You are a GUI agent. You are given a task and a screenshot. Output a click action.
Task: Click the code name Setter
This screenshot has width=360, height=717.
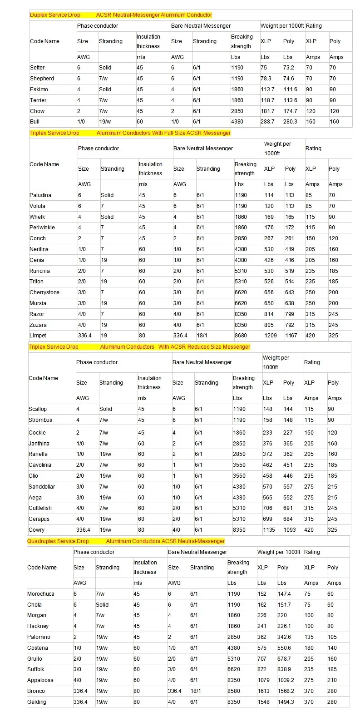pos(37,68)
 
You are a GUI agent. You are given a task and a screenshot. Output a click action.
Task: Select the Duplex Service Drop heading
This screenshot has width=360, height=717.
pos(55,15)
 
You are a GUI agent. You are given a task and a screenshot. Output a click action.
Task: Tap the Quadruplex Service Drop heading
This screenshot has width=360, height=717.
pos(58,541)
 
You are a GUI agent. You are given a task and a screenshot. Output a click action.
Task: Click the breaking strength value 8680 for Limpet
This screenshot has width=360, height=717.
pos(241,336)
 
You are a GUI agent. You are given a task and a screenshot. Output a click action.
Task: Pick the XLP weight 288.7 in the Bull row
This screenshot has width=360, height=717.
pos(267,122)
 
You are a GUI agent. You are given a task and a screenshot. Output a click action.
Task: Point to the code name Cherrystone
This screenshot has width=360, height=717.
pos(44,292)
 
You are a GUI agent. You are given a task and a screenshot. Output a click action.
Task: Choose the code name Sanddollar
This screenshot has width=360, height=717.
pos(42,487)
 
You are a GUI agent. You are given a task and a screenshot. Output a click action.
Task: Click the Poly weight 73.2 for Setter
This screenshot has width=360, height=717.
pos(289,68)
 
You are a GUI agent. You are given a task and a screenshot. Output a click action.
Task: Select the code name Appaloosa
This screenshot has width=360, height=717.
pos(40,680)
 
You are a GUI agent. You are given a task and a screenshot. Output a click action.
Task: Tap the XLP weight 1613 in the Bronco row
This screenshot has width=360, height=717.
pos(264,691)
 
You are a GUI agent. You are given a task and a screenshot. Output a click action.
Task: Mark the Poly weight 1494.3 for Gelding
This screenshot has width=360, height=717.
pos(286,702)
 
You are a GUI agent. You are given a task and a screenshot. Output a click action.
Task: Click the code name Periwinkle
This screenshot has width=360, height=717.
pos(42,227)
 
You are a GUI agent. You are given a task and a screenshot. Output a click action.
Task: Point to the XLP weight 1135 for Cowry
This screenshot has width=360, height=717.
pos(269,530)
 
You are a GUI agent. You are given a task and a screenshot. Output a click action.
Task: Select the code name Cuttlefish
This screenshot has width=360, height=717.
pos(40,508)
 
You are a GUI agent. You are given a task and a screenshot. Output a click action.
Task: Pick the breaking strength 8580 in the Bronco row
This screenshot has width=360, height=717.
pos(234,691)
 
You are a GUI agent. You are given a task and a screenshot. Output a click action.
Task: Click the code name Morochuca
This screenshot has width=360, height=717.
pos(41,594)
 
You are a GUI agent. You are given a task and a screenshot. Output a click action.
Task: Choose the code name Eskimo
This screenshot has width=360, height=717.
pos(39,89)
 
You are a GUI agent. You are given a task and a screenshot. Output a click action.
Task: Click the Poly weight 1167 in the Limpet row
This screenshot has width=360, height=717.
pos(291,336)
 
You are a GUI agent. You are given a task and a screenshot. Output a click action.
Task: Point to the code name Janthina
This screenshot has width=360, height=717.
pos(39,444)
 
